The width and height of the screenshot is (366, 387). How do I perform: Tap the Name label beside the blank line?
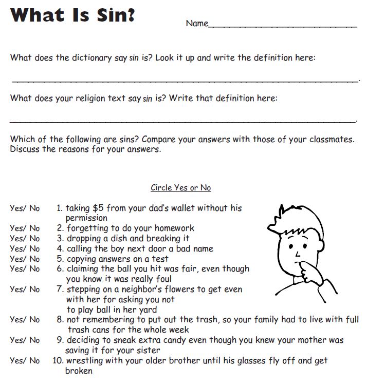(x=197, y=24)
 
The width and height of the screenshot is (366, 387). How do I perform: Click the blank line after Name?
(x=283, y=26)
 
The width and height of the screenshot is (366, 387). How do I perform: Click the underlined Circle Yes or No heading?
(x=180, y=188)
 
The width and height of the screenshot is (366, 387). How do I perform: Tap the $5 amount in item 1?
(x=98, y=208)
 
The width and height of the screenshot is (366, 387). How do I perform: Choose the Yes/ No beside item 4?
(x=25, y=249)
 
